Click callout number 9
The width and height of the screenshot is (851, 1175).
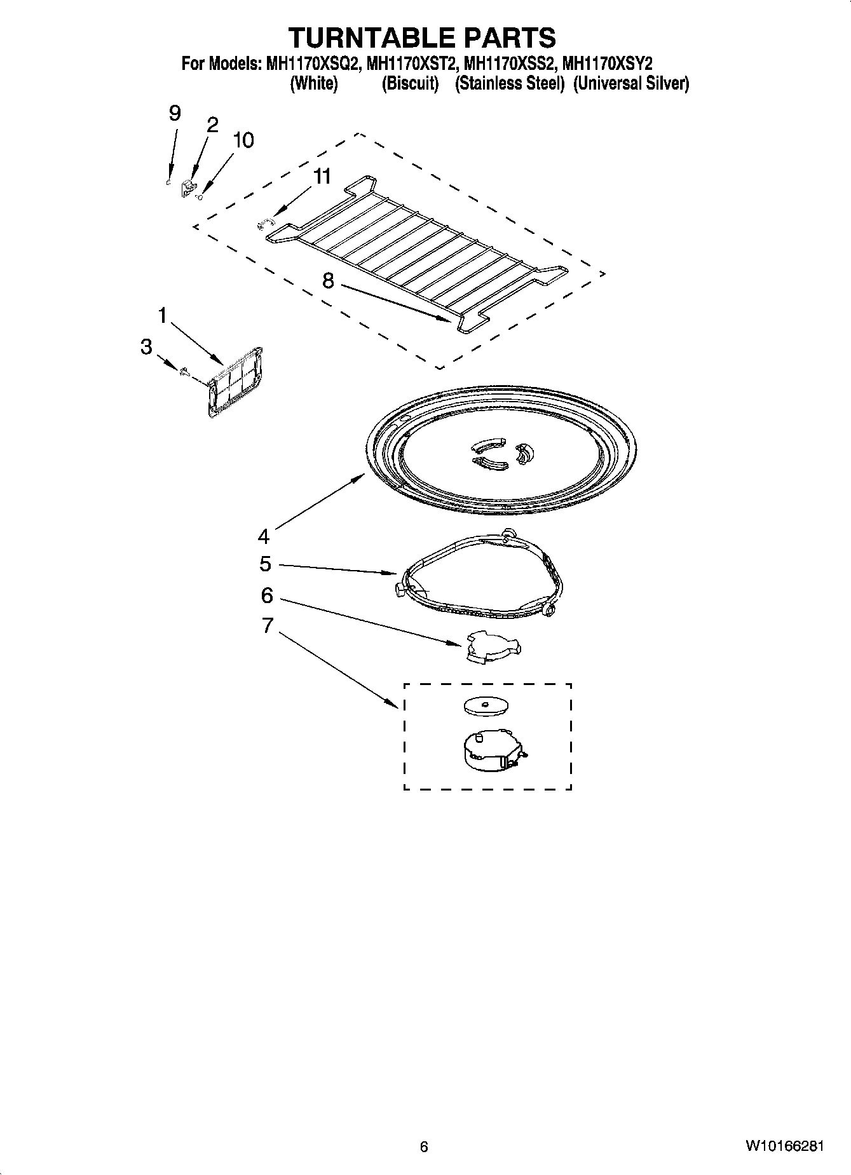coord(175,114)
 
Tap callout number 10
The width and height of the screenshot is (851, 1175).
coord(243,140)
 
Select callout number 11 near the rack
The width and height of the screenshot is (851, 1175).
coord(323,176)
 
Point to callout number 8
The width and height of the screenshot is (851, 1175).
coord(328,280)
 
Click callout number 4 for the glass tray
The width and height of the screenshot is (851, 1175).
coord(264,537)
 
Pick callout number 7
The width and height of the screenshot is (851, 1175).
coord(267,625)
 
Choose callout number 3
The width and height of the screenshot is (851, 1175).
coord(146,347)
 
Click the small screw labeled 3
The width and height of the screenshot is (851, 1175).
coord(184,372)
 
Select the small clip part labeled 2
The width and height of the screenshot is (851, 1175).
coord(188,187)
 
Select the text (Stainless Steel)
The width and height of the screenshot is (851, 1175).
coord(510,83)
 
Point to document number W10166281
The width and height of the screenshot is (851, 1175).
coord(785,1146)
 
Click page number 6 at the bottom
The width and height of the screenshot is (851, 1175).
coord(425,1146)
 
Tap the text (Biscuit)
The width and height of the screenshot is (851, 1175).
coord(410,83)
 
